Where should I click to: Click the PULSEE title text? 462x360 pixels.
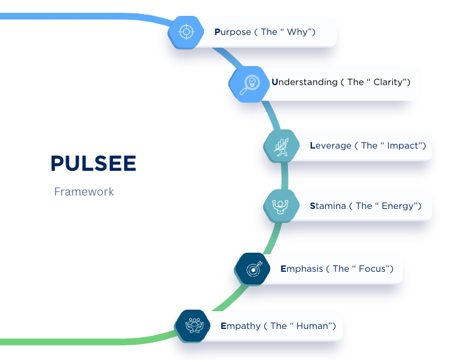point(93,163)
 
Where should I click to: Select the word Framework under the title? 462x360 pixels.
point(84,191)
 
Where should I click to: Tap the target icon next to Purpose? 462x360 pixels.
point(186,31)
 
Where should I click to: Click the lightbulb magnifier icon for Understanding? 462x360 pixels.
point(246,83)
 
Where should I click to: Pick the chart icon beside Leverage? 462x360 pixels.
point(281,146)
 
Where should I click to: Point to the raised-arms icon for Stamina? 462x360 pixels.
point(281,206)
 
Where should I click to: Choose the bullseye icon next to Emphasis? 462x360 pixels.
point(252,269)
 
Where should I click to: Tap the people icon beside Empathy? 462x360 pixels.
point(193,326)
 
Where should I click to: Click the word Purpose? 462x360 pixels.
point(233,32)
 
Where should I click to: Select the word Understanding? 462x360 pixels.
point(304,82)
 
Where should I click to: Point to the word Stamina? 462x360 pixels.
point(328,206)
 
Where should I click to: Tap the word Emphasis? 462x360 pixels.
point(301,269)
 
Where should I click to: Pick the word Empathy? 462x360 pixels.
point(240,326)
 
